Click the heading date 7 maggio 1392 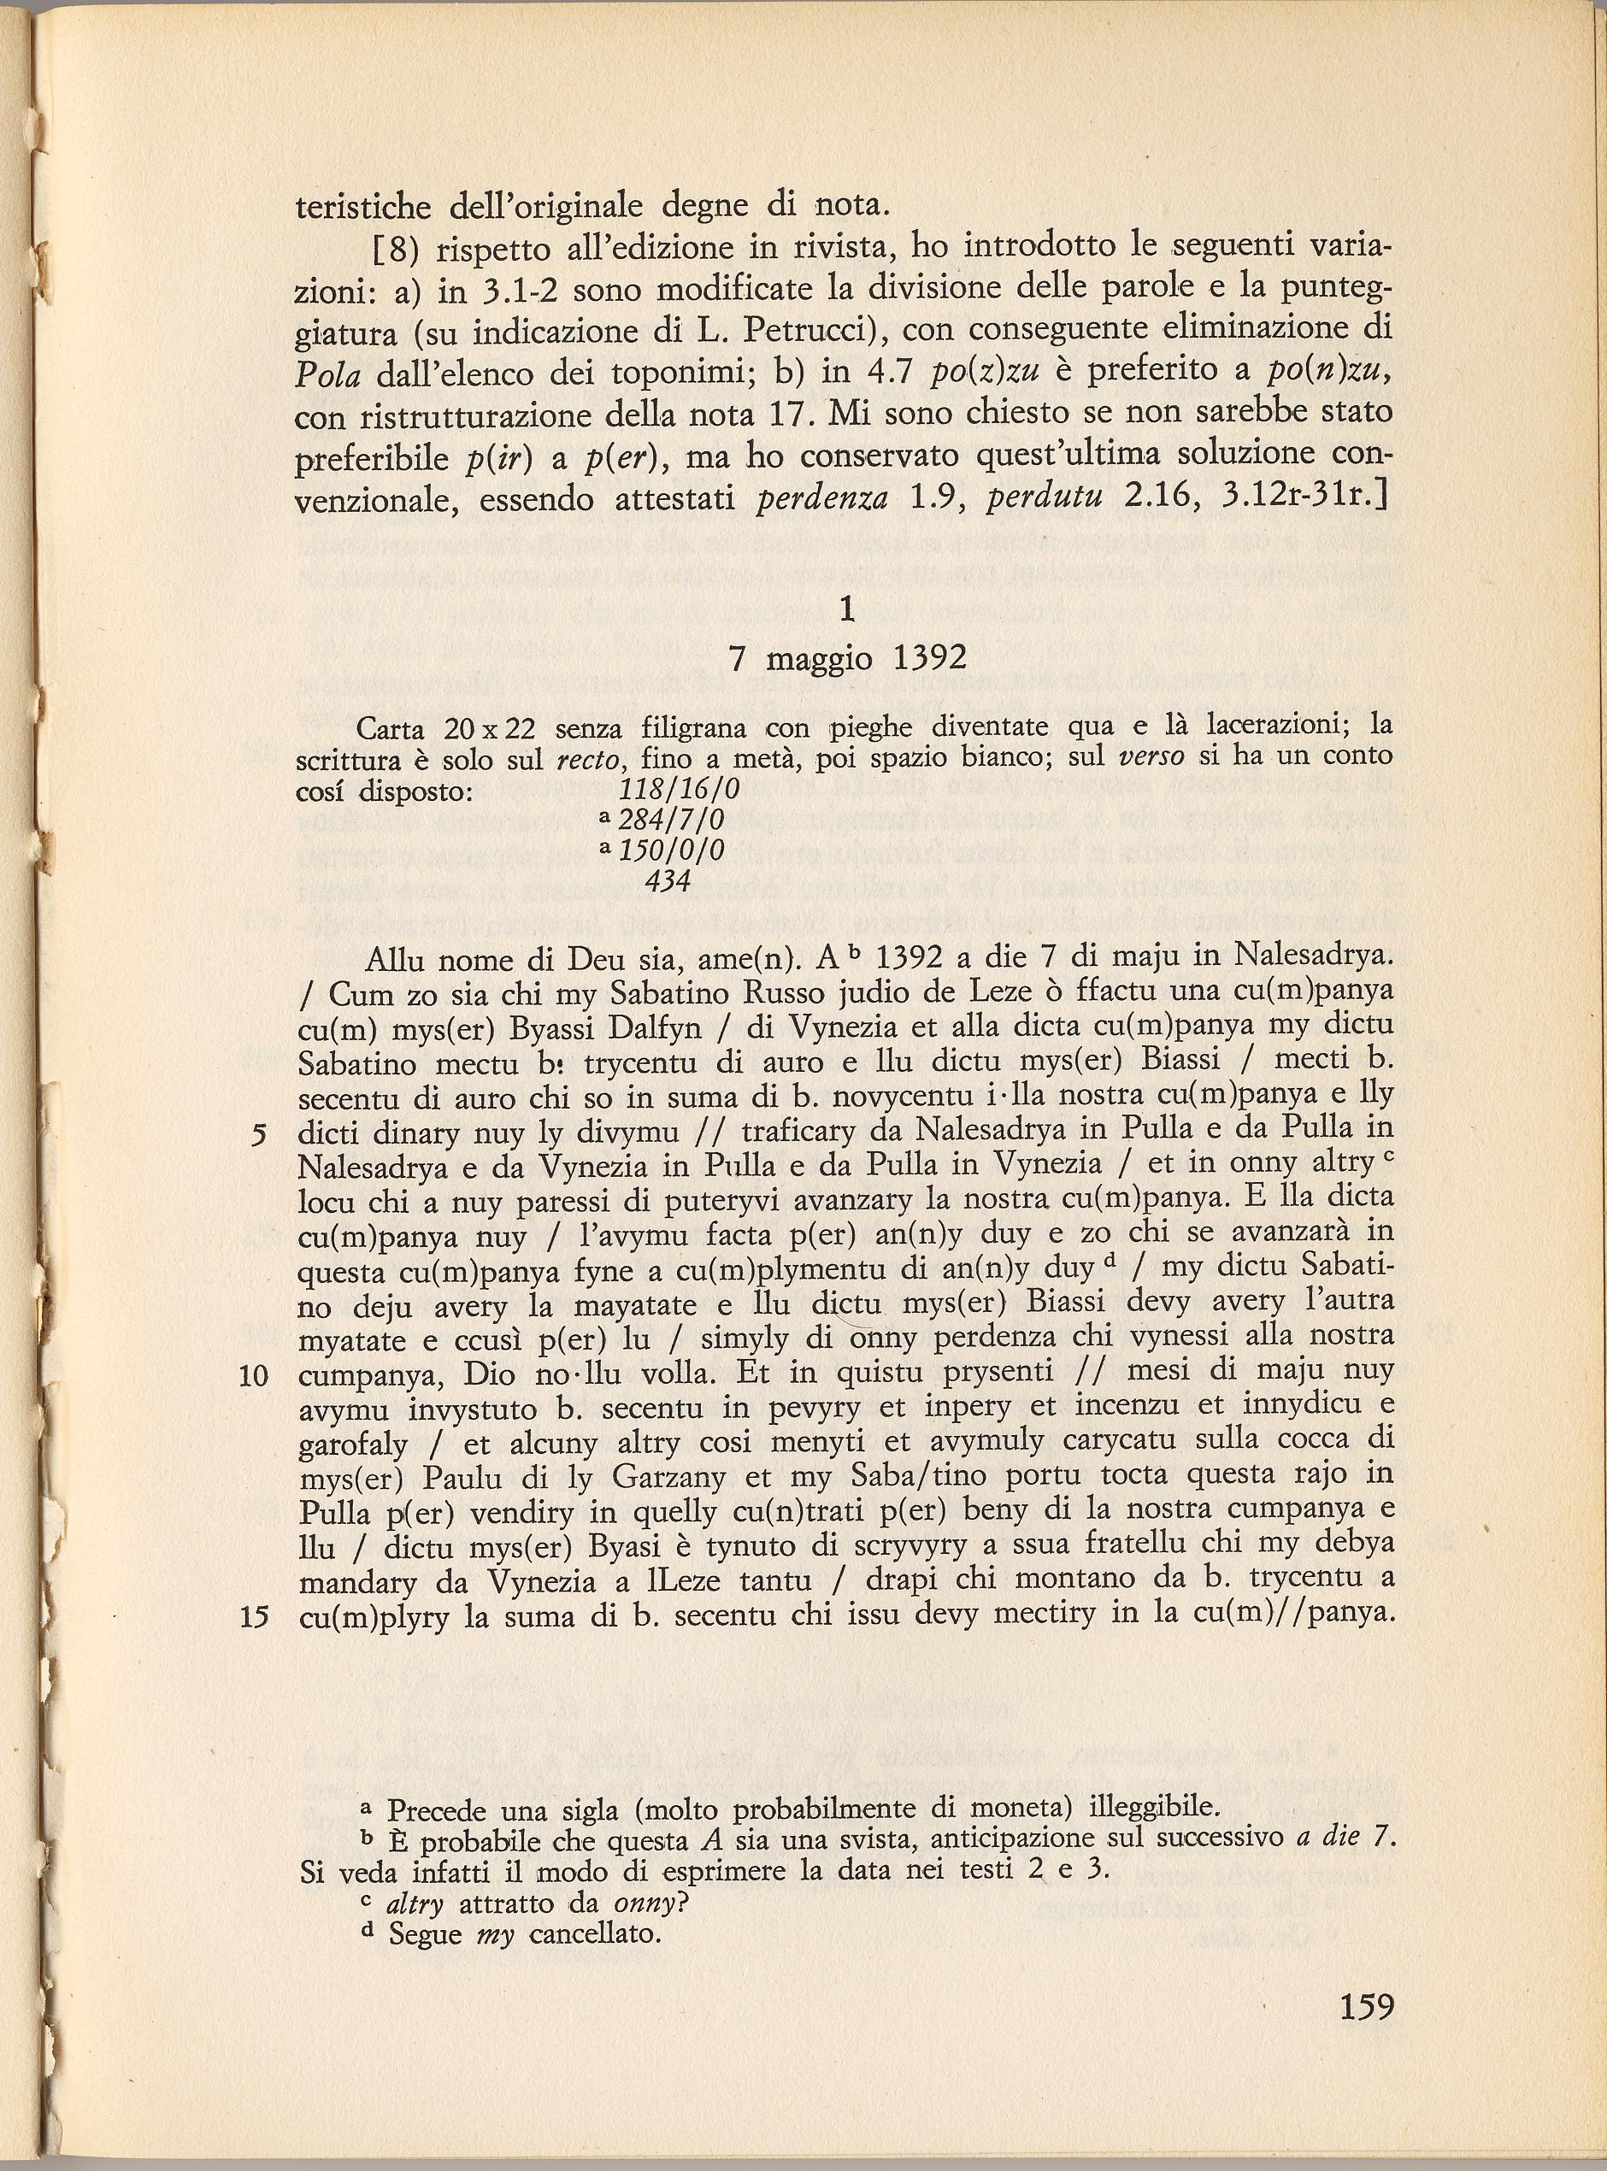click(847, 660)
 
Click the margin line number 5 click(259, 1134)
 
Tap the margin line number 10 click(253, 1375)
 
